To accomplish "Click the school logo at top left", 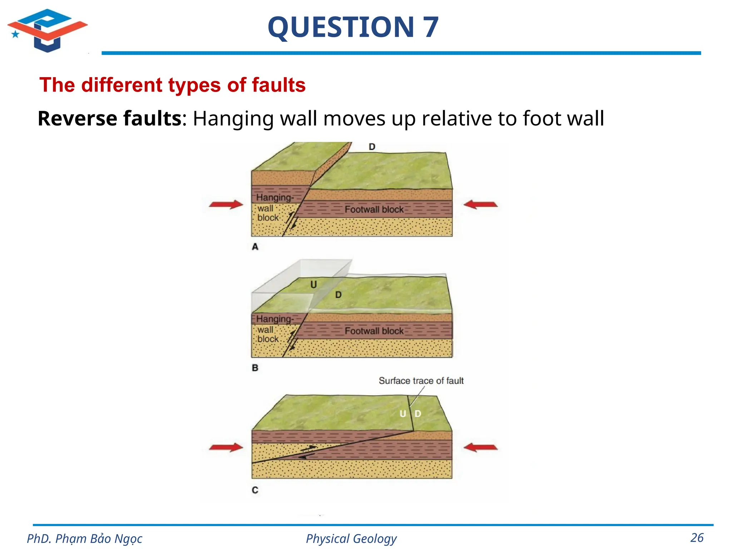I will [47, 30].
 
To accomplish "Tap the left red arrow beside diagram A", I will [226, 204].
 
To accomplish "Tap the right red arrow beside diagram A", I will [480, 204].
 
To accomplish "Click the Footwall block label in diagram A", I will [374, 209].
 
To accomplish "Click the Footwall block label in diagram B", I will [374, 331].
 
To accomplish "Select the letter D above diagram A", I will [372, 147].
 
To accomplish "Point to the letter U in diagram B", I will [313, 285].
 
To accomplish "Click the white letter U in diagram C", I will [403, 414].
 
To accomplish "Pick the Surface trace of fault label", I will [421, 381].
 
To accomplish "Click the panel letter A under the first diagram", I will [255, 247].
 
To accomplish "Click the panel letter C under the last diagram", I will [255, 490].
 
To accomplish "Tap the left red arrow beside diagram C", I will [226, 447].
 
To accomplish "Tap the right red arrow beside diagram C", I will [480, 447].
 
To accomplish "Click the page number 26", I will [697, 538].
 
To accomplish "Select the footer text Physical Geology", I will [351, 539].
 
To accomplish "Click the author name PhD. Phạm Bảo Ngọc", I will [85, 539].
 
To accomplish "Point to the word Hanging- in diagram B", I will [274, 319].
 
